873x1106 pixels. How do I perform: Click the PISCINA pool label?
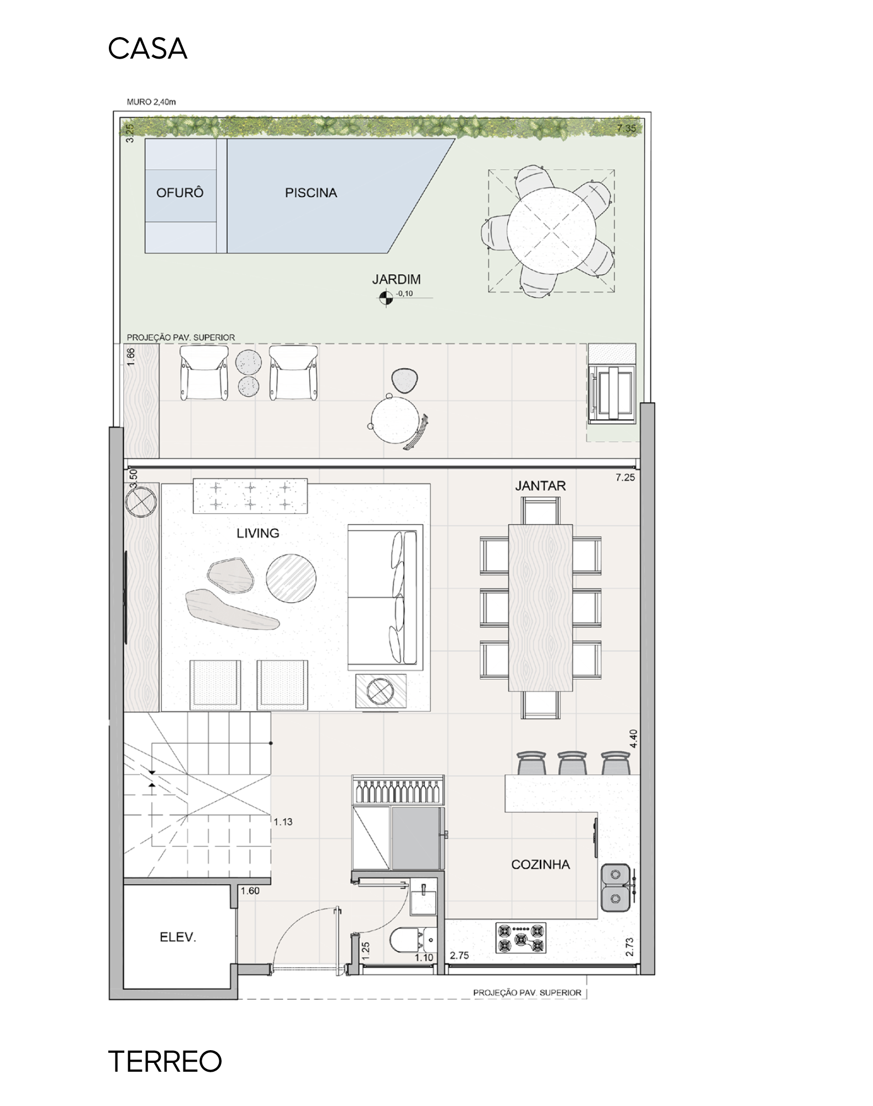(x=311, y=193)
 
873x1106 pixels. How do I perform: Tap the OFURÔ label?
(x=180, y=192)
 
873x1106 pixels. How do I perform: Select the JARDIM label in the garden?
(x=396, y=279)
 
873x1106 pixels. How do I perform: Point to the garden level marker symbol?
(x=385, y=299)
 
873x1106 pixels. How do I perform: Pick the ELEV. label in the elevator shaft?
(x=178, y=937)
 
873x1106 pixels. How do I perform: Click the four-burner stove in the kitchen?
(x=520, y=938)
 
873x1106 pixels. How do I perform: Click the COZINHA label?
(x=540, y=864)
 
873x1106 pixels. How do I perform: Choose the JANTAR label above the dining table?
(x=540, y=486)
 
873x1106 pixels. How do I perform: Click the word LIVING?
(x=258, y=533)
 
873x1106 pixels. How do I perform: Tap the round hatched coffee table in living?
(x=291, y=579)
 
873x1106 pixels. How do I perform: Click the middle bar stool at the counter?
(x=572, y=763)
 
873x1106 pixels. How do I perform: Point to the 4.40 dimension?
(x=633, y=739)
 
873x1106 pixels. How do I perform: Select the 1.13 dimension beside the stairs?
(x=283, y=822)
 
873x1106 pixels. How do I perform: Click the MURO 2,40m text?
(x=151, y=102)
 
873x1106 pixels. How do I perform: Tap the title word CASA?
(x=148, y=49)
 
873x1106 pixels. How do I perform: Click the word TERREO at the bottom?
(x=165, y=1061)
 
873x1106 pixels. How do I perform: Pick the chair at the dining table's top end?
(x=540, y=510)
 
